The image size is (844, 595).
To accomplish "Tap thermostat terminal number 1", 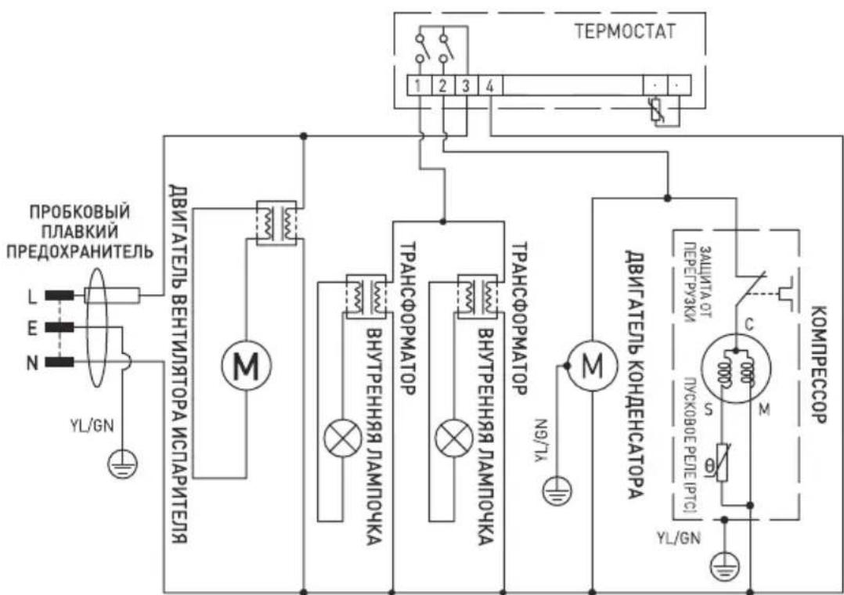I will click(x=420, y=85).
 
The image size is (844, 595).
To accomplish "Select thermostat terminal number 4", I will click(x=489, y=85).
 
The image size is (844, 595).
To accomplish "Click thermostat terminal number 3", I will click(x=464, y=85).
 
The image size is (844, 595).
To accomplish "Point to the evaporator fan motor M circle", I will click(x=246, y=364).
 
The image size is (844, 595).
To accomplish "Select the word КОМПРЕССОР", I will click(x=817, y=364).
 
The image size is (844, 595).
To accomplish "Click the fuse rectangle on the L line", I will click(x=112, y=295).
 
